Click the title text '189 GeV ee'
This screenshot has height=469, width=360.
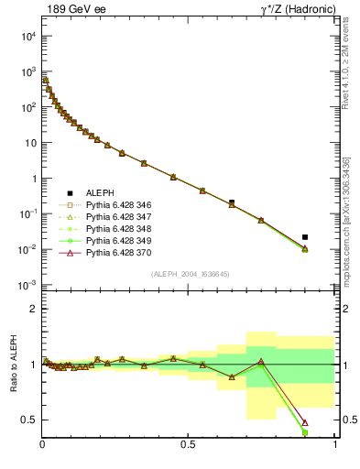tap(71, 8)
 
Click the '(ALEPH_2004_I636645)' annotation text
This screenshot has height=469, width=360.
tap(189, 274)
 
